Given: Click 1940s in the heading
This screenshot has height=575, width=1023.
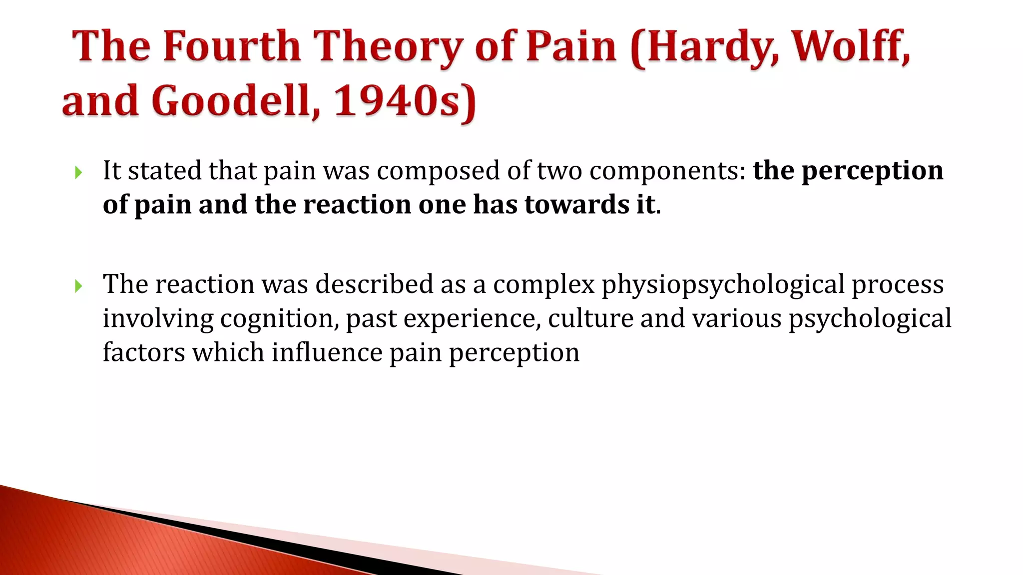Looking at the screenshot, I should pyautogui.click(x=405, y=101).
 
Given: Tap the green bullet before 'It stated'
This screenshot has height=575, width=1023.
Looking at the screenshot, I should pyautogui.click(x=78, y=173).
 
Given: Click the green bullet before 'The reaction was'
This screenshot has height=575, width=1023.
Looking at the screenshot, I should pyautogui.click(x=78, y=286).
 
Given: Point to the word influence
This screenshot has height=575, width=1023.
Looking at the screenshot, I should pyautogui.click(x=327, y=352).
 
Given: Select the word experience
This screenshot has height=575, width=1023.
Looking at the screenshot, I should pyautogui.click(x=472, y=318).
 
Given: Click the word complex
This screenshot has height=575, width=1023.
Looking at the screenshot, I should pyautogui.click(x=543, y=285).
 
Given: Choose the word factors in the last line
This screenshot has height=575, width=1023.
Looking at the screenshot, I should pyautogui.click(x=144, y=352).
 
